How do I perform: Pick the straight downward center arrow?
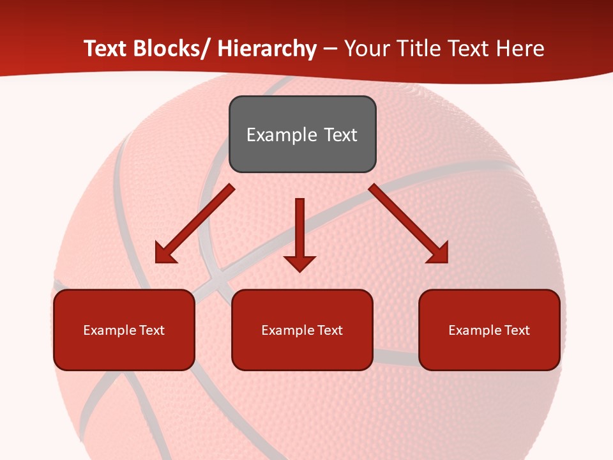tap(299, 230)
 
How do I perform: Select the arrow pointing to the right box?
tap(409, 224)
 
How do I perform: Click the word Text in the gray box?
tap(340, 135)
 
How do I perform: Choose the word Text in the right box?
tap(515, 330)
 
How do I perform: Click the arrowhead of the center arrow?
tap(299, 263)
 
